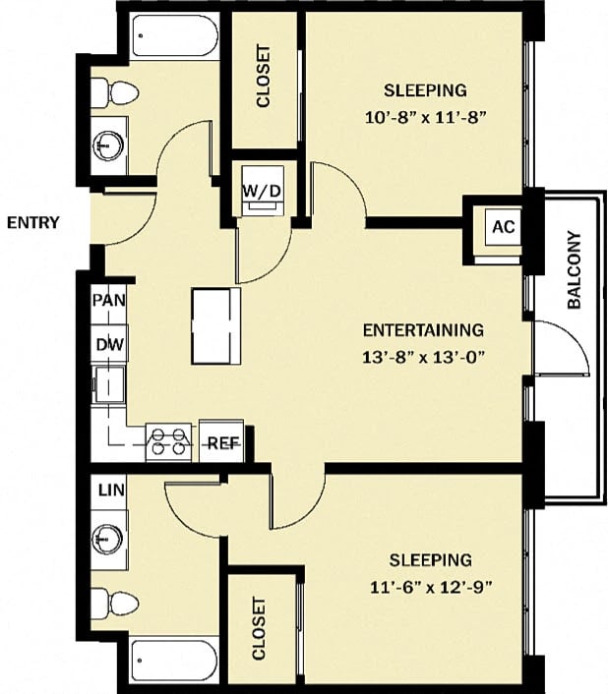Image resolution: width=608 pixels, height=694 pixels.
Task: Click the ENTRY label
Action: click(32, 223)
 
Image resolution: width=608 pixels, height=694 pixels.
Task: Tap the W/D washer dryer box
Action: click(263, 189)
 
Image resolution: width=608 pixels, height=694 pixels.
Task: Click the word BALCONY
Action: click(576, 270)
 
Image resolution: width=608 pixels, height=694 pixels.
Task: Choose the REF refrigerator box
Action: click(221, 442)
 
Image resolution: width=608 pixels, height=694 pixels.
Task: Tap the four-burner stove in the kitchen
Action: click(168, 441)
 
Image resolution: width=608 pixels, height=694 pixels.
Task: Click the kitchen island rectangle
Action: click(216, 325)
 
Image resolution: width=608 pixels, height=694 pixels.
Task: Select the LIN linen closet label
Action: click(110, 490)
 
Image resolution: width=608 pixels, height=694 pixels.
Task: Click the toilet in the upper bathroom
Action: click(114, 93)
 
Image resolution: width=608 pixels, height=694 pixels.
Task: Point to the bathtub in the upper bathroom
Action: click(174, 37)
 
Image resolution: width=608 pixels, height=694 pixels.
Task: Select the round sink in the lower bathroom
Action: click(108, 540)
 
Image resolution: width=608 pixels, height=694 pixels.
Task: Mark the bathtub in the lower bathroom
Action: click(174, 660)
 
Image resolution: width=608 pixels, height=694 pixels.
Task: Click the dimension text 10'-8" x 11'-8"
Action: click(425, 115)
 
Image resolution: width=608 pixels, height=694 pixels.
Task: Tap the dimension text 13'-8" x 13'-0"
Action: click(423, 357)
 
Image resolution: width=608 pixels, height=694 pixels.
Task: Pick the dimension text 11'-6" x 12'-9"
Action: click(430, 587)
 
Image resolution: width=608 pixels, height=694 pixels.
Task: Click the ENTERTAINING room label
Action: click(423, 330)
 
